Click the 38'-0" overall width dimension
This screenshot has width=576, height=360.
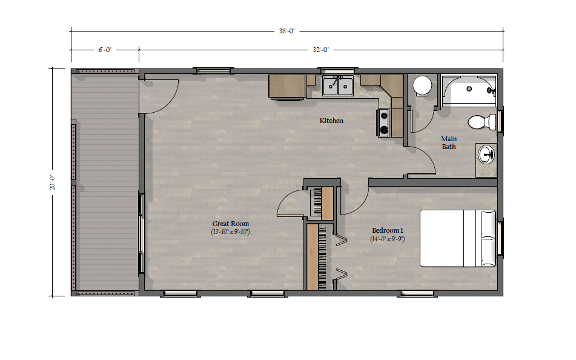tap(286, 32)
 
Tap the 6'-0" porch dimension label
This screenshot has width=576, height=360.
tap(105, 50)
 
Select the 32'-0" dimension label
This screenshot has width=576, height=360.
tap(320, 50)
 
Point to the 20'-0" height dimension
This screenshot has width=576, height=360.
tap(53, 182)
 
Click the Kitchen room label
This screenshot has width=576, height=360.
tap(331, 121)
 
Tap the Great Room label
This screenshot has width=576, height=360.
tap(231, 224)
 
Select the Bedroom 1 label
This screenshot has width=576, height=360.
tap(388, 230)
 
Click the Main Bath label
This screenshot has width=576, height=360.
tap(449, 142)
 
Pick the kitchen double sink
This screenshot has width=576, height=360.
tap(337, 87)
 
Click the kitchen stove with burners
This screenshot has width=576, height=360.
tap(383, 123)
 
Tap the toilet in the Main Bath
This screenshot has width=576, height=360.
tap(482, 122)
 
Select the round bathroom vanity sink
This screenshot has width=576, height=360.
tap(486, 155)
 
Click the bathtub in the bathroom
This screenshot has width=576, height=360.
tap(469, 90)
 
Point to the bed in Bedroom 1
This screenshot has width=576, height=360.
tap(458, 238)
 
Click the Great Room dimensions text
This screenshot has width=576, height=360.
tap(230, 232)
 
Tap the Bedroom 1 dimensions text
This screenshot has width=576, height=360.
tap(388, 239)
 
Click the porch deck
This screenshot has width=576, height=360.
tap(105, 182)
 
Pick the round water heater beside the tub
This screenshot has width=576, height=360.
tap(422, 85)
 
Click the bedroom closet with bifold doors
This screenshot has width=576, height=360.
tap(319, 257)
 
